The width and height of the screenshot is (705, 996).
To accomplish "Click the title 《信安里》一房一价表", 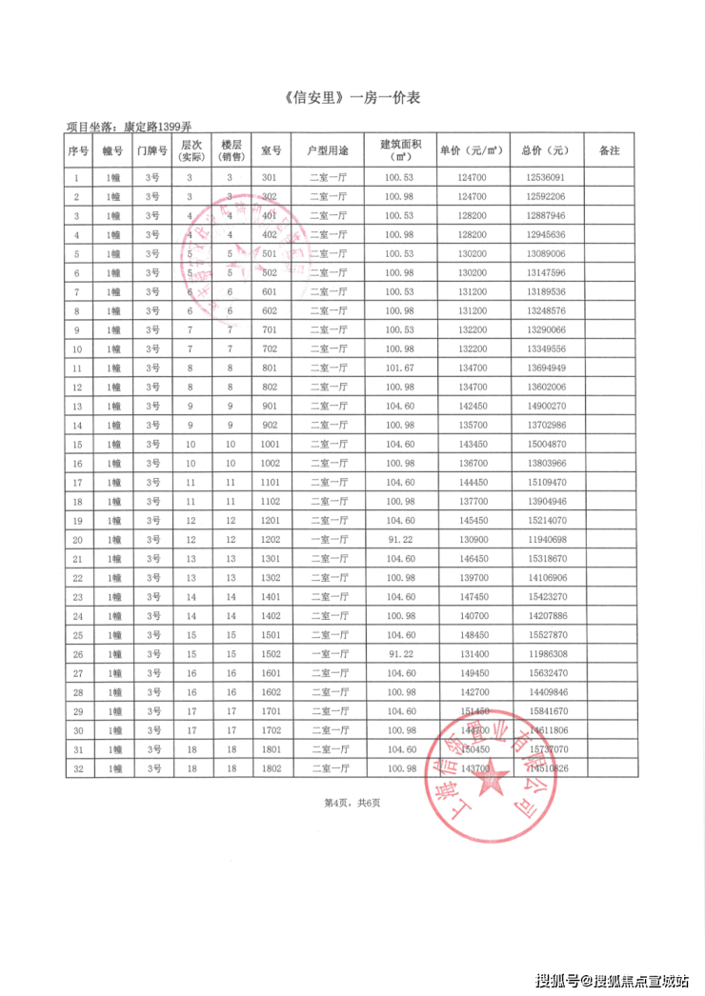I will [352, 98].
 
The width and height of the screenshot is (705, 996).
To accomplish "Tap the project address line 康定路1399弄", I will [129, 127].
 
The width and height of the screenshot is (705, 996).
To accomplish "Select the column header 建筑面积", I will [400, 150].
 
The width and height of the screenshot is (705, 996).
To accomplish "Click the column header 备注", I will [609, 150].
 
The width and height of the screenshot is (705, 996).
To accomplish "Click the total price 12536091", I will [545, 177].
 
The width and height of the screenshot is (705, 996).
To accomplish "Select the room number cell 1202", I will [270, 539].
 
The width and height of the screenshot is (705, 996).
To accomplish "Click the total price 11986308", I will [545, 653].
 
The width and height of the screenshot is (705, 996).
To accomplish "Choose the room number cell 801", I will [270, 368].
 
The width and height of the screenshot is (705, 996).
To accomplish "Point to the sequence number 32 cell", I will [78, 767].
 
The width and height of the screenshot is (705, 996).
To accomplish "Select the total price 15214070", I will [545, 520].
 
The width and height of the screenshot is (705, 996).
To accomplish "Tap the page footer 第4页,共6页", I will [352, 803].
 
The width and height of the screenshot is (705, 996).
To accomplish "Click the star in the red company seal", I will [493, 783].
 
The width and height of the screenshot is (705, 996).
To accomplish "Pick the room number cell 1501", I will [270, 634].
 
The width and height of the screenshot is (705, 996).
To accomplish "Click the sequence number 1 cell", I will [78, 177].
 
